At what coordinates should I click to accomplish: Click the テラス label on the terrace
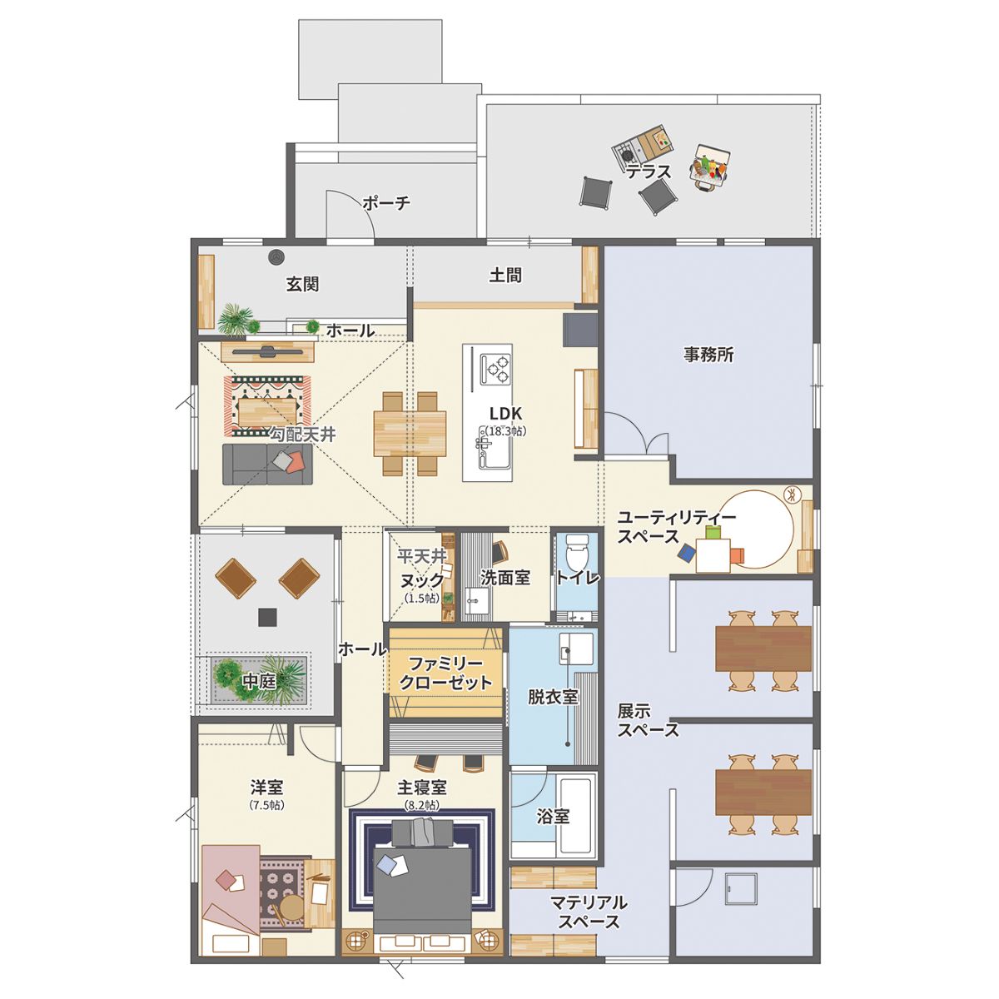648,171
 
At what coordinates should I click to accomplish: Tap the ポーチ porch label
387,202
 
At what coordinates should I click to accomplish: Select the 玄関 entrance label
302,284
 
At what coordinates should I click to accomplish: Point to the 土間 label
505,275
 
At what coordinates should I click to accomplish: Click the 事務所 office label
708,355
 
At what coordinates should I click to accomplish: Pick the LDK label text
505,413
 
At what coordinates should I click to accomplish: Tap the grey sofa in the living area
267,464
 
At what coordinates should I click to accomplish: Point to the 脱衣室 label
553,696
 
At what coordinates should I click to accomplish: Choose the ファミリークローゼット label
446,673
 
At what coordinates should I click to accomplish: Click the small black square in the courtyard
268,617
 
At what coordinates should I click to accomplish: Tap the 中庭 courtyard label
259,681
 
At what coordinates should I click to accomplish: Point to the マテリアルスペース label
589,912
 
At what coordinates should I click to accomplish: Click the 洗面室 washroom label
504,578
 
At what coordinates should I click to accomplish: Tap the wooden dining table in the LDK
410,434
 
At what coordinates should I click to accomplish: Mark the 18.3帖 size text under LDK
506,430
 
